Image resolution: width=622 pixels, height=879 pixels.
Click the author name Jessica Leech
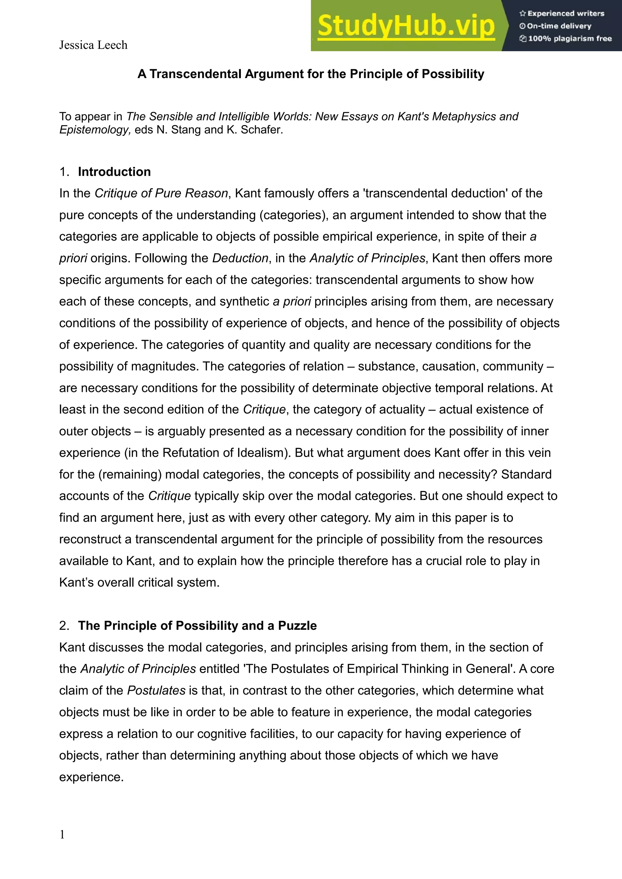pos(93,45)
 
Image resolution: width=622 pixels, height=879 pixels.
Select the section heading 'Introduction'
pos(114,172)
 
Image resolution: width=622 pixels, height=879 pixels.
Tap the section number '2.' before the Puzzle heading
pos(64,626)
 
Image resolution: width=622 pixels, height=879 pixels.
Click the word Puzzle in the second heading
pos(297,626)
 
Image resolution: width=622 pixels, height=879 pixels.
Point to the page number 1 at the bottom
pos(62,835)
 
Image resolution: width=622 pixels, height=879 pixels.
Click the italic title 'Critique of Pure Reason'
pos(161,193)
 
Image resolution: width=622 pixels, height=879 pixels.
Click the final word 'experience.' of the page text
pos(91,777)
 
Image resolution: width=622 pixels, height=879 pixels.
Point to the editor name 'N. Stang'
pos(179,130)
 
